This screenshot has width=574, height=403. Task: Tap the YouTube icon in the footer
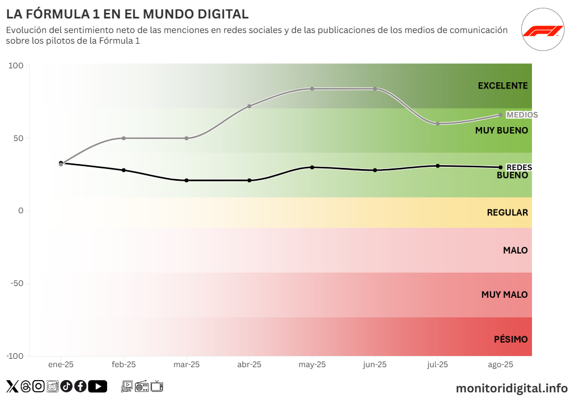98,386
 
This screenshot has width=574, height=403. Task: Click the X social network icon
12,386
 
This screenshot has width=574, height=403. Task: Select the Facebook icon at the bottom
80,386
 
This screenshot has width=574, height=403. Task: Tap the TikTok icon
67,386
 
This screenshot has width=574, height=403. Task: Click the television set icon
157,386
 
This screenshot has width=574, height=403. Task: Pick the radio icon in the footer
142,386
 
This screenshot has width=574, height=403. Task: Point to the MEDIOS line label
522,115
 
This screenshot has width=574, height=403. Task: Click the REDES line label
519,167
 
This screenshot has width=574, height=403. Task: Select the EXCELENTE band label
503,86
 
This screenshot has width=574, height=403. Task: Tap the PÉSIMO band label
511,339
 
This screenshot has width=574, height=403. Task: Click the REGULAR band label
507,213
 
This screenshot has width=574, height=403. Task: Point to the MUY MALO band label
504,294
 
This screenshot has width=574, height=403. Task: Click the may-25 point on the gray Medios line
312,89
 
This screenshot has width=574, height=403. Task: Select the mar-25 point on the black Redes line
187,180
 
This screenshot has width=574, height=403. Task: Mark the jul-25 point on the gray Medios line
438,123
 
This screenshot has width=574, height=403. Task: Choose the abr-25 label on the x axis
249,364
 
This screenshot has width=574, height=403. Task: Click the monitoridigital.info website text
512,388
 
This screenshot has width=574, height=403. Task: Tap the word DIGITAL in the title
216,14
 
